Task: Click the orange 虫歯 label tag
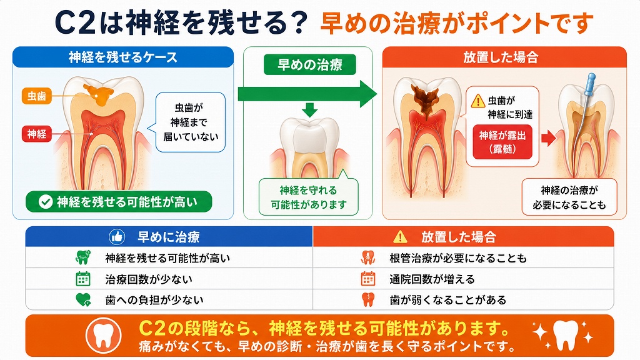pos(37,96)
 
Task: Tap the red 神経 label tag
pos(37,134)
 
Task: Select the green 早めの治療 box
pos(310,65)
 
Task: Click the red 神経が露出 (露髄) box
pos(502,142)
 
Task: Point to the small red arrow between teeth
pos(548,138)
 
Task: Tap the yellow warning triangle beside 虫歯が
pos(477,101)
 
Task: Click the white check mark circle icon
pos(45,202)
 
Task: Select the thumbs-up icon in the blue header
pos(117,237)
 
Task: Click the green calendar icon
pos(83,279)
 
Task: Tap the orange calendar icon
pos(367,279)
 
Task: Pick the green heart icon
pos(83,300)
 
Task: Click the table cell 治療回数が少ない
pos(169,279)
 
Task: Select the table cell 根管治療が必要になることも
pos(463,258)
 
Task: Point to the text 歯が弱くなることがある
pos(447,301)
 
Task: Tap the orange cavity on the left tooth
pos(98,94)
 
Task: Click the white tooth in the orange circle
pos(103,336)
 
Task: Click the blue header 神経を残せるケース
pos(123,57)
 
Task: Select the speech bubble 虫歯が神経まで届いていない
pos(190,122)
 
